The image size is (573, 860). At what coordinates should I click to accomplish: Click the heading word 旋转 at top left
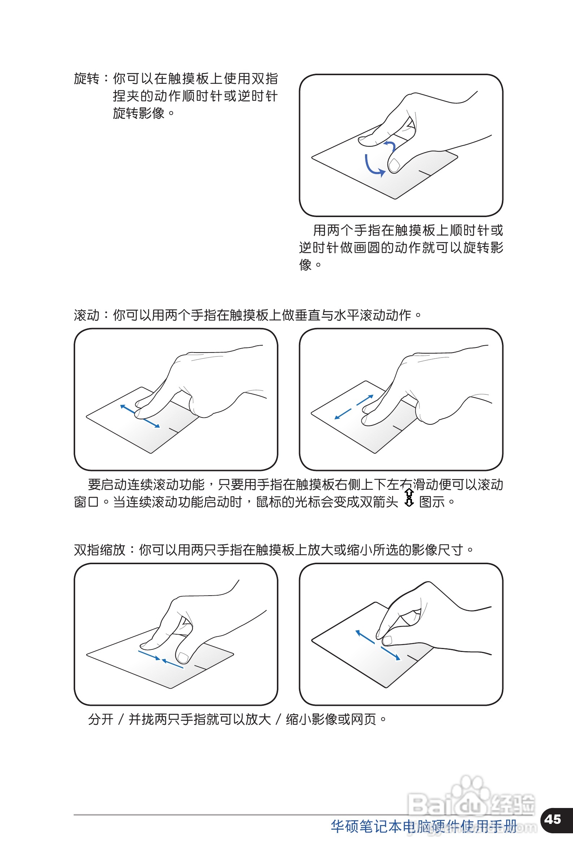tap(87, 79)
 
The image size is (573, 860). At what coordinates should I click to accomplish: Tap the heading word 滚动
tap(87, 315)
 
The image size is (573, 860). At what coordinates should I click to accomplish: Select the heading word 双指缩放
tap(100, 550)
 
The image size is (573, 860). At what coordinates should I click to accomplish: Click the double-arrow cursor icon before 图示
tap(409, 497)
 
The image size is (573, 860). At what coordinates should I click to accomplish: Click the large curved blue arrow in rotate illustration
tap(372, 167)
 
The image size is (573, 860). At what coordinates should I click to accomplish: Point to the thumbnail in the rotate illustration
tap(394, 165)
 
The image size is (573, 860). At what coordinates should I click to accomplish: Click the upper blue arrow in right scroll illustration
tap(365, 400)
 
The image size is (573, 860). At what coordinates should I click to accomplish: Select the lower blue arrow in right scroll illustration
tap(343, 414)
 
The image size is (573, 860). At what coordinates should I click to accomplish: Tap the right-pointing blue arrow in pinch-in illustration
tap(149, 655)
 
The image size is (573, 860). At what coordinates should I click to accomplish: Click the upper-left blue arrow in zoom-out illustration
tap(365, 637)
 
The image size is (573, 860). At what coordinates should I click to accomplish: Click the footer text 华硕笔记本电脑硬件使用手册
tap(424, 826)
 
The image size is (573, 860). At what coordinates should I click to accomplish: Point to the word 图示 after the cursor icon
tap(431, 502)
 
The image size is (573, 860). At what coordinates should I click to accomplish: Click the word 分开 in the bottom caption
tap(100, 719)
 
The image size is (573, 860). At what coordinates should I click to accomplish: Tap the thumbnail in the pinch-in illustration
tap(183, 658)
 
